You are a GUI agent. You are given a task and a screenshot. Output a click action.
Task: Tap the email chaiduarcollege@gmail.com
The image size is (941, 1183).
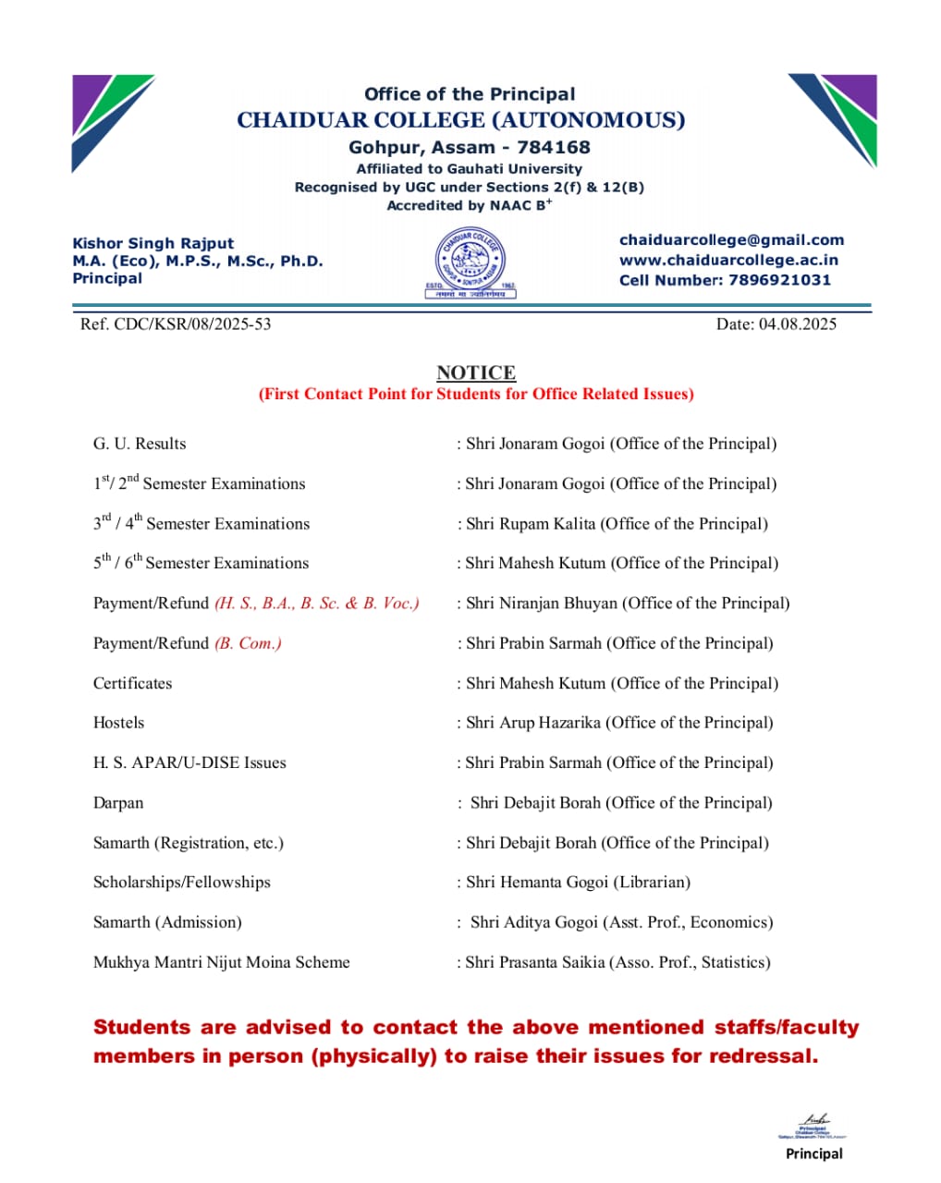point(731,240)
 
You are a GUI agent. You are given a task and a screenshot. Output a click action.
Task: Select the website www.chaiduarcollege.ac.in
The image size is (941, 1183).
point(728,261)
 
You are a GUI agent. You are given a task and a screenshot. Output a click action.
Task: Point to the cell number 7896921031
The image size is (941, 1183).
point(779,280)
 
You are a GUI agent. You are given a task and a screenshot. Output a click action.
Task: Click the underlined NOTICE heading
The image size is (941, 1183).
point(476,372)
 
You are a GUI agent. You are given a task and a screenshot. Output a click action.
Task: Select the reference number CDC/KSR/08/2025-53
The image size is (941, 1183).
point(192,324)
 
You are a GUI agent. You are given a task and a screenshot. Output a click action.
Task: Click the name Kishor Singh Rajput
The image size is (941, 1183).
point(153,243)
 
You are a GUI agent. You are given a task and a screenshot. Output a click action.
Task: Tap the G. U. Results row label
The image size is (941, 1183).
point(140,444)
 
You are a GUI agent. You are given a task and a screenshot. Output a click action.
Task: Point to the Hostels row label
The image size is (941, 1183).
point(118,723)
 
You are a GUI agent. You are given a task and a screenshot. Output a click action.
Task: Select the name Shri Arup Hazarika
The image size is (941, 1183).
point(533,723)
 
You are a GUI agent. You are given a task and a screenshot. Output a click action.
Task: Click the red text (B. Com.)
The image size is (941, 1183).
point(248,643)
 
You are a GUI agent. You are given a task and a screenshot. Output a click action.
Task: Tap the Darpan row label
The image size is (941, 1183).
point(118,803)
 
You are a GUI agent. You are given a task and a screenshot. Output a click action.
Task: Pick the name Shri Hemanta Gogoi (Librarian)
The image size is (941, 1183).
point(578,883)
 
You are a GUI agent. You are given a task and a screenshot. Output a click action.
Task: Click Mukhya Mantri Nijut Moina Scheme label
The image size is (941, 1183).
point(222,962)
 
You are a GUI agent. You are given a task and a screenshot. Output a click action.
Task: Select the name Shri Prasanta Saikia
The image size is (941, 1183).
point(537,962)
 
